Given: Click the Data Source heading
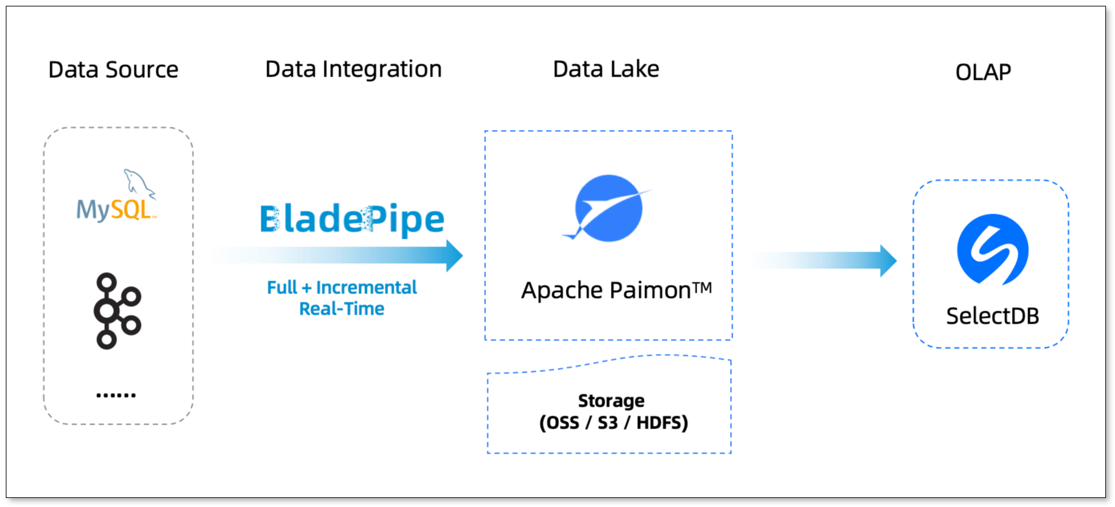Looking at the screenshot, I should (113, 69).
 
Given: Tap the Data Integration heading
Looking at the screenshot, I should (353, 69).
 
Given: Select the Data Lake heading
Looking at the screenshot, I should (606, 69).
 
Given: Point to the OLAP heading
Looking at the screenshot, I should (983, 72).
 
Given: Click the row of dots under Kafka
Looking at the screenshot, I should (116, 395).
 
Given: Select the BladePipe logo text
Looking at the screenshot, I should (352, 219).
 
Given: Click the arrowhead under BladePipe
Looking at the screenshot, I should (454, 255).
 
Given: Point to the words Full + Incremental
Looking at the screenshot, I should (342, 287).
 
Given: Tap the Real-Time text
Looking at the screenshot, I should (342, 309).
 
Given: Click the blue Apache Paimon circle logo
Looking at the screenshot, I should (607, 208).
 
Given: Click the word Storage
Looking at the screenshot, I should (611, 401).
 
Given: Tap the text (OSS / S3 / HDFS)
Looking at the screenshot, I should (614, 423).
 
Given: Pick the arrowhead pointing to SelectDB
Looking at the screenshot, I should (888, 261).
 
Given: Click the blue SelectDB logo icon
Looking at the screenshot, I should (992, 250).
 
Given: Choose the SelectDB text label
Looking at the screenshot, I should (992, 316).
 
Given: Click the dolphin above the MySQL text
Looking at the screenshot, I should (138, 183).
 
